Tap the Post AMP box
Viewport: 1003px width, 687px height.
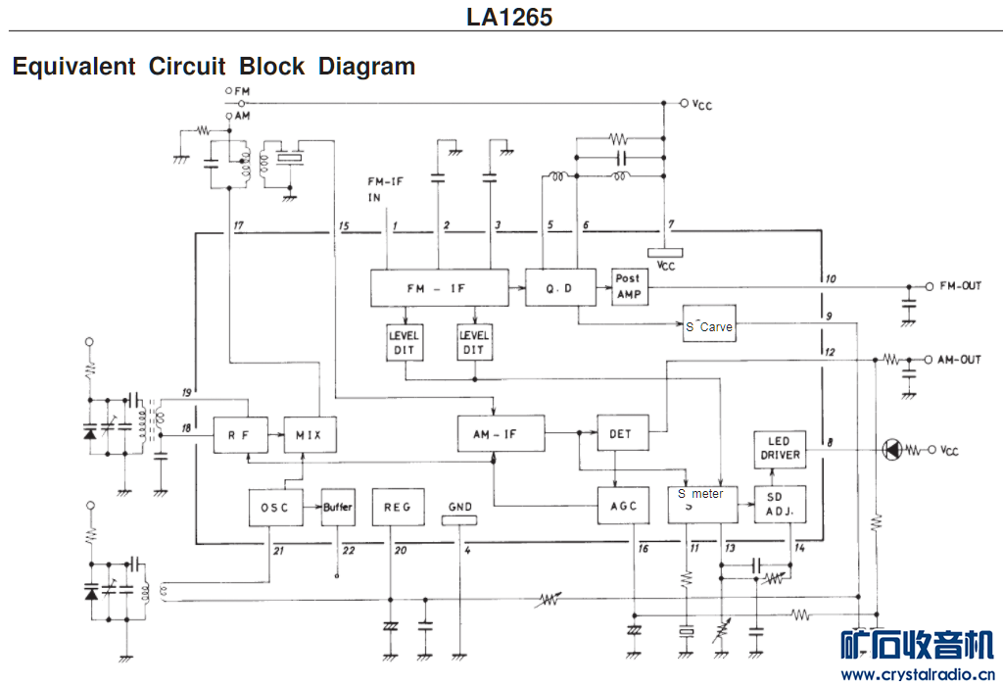click(x=628, y=287)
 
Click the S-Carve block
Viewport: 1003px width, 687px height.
click(x=708, y=325)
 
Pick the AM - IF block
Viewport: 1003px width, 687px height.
click(x=501, y=432)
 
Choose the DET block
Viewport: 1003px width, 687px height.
click(x=621, y=432)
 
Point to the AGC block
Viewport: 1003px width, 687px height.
click(x=622, y=506)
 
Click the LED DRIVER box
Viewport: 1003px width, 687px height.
click(x=779, y=448)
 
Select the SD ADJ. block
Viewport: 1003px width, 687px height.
click(x=780, y=506)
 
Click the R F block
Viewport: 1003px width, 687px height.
click(x=241, y=432)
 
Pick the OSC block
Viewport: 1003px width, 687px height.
click(x=275, y=507)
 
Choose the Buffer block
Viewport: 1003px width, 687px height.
click(x=338, y=507)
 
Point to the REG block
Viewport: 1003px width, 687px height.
click(x=398, y=507)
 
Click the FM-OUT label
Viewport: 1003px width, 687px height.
click(x=960, y=286)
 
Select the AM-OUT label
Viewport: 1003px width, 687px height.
click(x=959, y=360)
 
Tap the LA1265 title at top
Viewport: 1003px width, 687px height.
click(x=508, y=17)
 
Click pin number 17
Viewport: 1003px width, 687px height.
click(x=238, y=226)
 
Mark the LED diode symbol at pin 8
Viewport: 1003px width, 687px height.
click(x=890, y=450)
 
